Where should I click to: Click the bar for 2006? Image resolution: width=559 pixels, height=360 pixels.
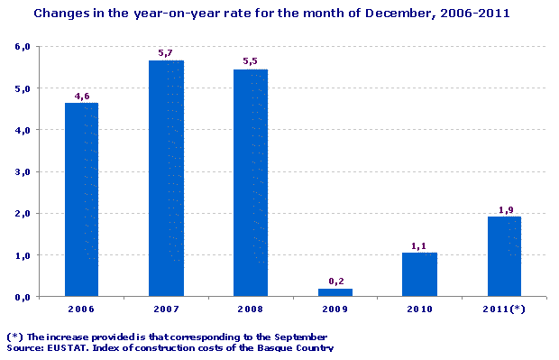(x=81, y=198)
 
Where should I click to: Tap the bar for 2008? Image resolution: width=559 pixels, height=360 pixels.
(x=250, y=181)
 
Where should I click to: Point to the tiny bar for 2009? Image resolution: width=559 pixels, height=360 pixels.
(x=334, y=291)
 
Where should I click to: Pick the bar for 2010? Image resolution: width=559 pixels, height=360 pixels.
(x=419, y=273)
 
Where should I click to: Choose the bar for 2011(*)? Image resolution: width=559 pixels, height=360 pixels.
(x=504, y=256)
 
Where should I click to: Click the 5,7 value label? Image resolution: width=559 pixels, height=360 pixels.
(x=166, y=53)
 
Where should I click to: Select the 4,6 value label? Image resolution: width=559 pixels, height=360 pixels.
(x=81, y=96)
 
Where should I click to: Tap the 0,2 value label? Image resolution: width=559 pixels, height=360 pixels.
(x=334, y=281)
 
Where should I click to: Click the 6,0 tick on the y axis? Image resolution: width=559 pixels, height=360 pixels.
(x=23, y=46)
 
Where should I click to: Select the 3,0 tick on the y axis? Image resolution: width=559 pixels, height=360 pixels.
(x=23, y=171)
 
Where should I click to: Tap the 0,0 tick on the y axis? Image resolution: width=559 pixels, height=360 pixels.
(x=23, y=297)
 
